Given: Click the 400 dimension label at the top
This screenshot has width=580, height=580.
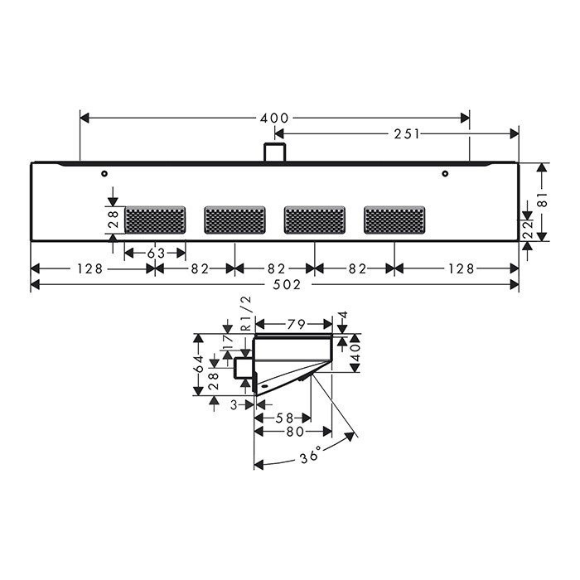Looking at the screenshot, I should [x=274, y=118].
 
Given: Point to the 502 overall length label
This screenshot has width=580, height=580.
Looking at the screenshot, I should [x=274, y=284].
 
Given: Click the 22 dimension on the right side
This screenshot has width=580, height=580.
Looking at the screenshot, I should [x=526, y=229].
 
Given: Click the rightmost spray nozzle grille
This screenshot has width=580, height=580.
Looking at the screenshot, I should [x=394, y=220].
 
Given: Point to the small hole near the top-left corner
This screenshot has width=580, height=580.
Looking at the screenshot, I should [x=104, y=174].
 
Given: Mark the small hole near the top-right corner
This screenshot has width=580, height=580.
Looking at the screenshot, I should [x=445, y=174].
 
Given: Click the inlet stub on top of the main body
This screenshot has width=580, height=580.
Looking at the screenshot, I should [x=274, y=152].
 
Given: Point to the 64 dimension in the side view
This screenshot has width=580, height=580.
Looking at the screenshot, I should [x=200, y=365].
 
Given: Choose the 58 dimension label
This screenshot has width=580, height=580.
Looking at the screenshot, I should [x=283, y=418].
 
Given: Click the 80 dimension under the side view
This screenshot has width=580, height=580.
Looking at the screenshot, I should [x=293, y=432].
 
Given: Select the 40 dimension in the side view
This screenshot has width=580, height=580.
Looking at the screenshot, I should [x=355, y=355].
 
